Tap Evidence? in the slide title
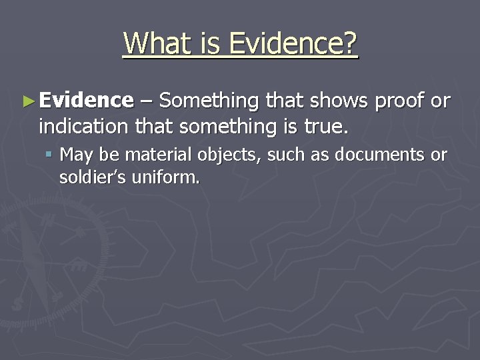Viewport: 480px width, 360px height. click(293, 43)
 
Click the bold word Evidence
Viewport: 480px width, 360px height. click(86, 101)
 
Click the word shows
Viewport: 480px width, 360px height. click(339, 101)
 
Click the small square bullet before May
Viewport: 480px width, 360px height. click(51, 155)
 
